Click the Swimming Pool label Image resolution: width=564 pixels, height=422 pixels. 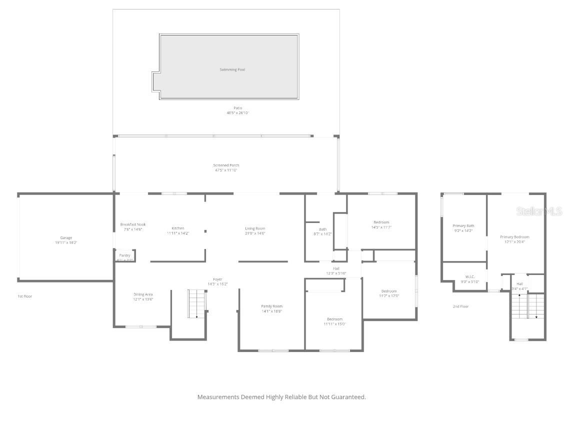pos(232,69)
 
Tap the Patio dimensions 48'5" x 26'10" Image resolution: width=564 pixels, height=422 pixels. pos(237,113)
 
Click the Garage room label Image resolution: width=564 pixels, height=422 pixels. pos(66,238)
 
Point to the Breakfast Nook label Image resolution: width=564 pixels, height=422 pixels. pos(133,224)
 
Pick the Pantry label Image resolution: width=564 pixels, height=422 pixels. pos(124,255)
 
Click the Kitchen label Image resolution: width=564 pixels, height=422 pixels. pos(177,228)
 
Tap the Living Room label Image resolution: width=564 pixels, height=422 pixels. pos(255,228)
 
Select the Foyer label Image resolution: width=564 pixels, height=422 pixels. pos(217,279)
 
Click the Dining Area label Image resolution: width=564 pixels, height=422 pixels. pos(143,294)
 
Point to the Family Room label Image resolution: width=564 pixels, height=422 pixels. pos(271,306)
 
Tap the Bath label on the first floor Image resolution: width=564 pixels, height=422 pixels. pos(322,229)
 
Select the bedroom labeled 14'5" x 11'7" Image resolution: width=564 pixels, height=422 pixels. pos(381,222)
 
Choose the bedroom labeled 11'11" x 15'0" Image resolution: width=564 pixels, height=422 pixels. pos(334,319)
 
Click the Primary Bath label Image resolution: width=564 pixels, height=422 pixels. pos(463,226)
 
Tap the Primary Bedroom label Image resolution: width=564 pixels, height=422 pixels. pos(514,237)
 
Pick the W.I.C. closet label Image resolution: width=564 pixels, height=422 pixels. pos(469,276)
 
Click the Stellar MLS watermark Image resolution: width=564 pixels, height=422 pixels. pos(539,211)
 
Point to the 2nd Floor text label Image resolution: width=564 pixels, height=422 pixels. pos(460,306)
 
